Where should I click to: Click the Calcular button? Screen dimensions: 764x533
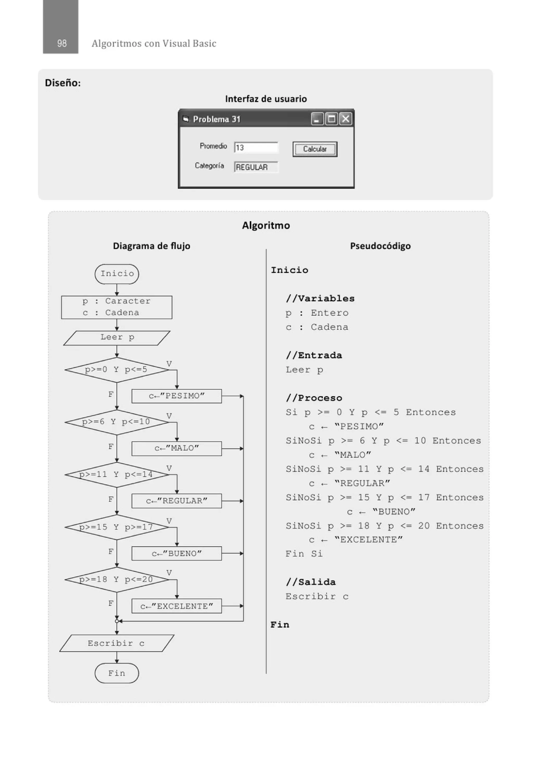pos(314,149)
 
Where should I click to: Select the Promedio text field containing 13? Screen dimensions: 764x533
pos(256,148)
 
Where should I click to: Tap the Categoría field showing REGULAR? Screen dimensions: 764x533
pos(256,167)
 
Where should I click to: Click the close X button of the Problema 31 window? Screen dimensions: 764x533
pos(346,119)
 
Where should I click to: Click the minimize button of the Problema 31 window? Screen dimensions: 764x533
pos(317,119)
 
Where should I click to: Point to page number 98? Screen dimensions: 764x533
pos(62,43)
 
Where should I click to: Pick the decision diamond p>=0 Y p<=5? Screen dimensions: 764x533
pos(117,370)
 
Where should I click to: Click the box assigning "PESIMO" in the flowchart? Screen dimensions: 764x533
pos(176,396)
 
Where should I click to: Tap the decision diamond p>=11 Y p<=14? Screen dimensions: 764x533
pos(117,474)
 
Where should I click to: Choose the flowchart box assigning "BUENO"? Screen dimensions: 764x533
pos(176,553)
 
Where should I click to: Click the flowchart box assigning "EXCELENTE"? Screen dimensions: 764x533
pos(176,606)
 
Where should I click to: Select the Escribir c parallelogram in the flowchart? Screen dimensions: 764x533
pos(117,643)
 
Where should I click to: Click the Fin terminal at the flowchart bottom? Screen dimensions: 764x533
pos(117,673)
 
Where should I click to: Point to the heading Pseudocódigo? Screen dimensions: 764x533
pos(380,246)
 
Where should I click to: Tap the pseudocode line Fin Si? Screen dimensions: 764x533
pos(304,554)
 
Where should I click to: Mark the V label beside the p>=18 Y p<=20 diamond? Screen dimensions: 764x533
pos(169,573)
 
